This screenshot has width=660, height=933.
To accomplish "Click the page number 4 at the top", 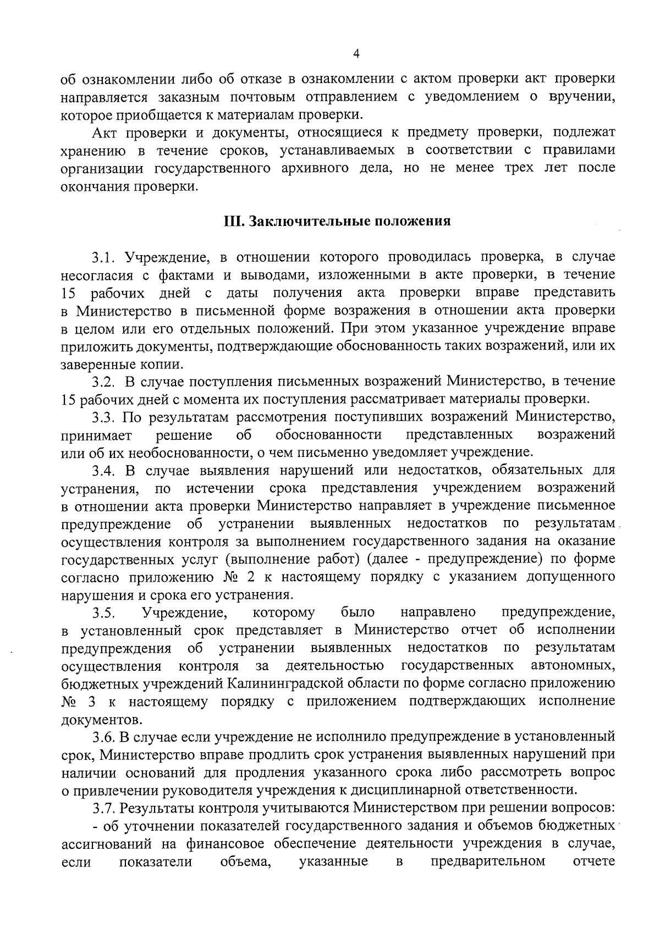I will (x=356, y=53).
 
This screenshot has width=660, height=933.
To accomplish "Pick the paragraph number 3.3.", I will (x=103, y=417).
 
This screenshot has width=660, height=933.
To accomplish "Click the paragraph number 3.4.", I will (x=103, y=470).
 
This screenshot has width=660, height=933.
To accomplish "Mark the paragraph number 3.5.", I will (x=103, y=612).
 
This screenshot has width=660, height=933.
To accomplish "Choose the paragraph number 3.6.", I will (x=103, y=736).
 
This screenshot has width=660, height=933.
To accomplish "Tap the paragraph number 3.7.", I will (x=103, y=808).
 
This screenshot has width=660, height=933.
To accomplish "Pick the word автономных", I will (x=573, y=666).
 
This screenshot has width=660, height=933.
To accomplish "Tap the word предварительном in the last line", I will (x=488, y=861).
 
